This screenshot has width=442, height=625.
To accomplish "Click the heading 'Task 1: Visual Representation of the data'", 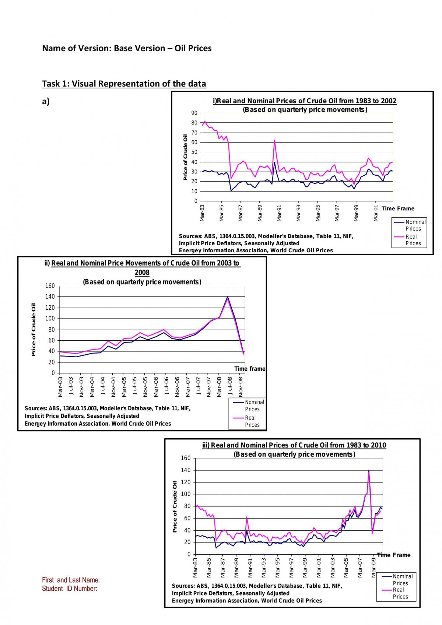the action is pos(124,84).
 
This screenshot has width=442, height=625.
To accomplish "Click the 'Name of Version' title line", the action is pos(127,48).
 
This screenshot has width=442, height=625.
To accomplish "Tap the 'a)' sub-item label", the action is pos(46,102).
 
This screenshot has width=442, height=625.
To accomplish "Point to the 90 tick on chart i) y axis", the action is pos(194,113).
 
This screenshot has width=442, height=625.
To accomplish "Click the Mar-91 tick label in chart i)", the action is pos(279,213).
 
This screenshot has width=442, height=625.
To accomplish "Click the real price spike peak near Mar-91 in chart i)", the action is pos(274,140).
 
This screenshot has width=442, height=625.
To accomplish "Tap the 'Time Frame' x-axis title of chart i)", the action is pos(398,208).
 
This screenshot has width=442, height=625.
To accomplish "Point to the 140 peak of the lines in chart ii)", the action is pos(228,297).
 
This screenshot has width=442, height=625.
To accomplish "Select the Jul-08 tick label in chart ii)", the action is pos(230,386).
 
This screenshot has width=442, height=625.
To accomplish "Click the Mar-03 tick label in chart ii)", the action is pos(60,387).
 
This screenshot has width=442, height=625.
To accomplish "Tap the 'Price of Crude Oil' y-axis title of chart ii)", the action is pos(34,330).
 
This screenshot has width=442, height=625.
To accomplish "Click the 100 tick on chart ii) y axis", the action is pos(50,319).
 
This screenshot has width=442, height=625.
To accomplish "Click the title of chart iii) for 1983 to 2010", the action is pos(294,445).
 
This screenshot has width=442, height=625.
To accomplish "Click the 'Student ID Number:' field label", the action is pos(70,589).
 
